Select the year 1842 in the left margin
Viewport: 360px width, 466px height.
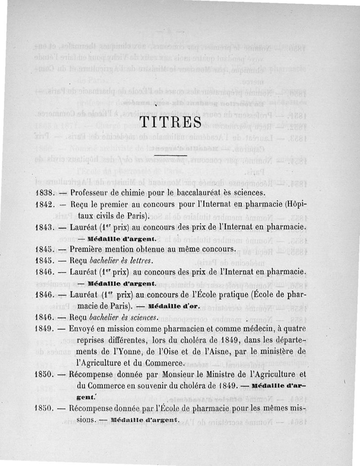(x=45, y=205)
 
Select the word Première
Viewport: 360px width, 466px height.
(x=88, y=249)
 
